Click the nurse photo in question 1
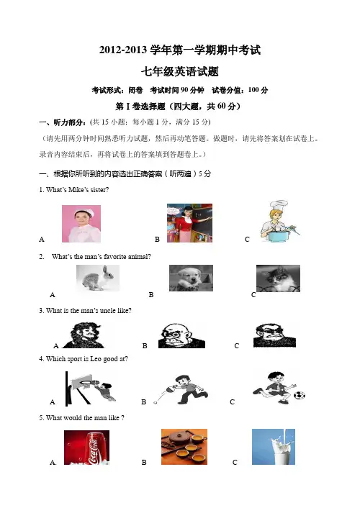[81, 224]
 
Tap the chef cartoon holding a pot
[279, 221]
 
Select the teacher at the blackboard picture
[190, 223]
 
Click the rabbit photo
[98, 278]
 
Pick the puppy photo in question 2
[191, 278]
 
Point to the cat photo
[278, 278]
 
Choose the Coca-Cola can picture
[86, 448]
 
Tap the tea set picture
[184, 447]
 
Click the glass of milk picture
[274, 447]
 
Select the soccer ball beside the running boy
[300, 395]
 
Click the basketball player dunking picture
[90, 389]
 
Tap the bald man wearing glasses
[181, 336]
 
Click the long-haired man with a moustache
[84, 335]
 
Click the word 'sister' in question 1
[98, 190]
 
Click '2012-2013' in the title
[123, 50]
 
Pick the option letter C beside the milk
[235, 463]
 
